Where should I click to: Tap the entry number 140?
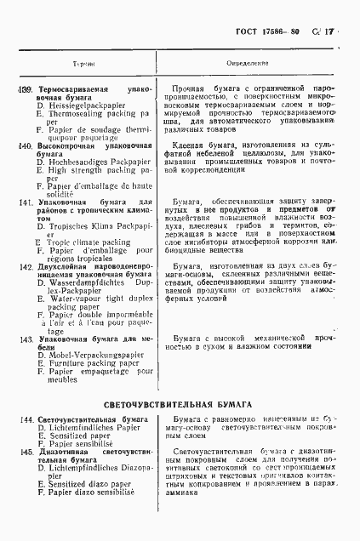pos(25,145)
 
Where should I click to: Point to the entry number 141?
pos(26,202)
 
